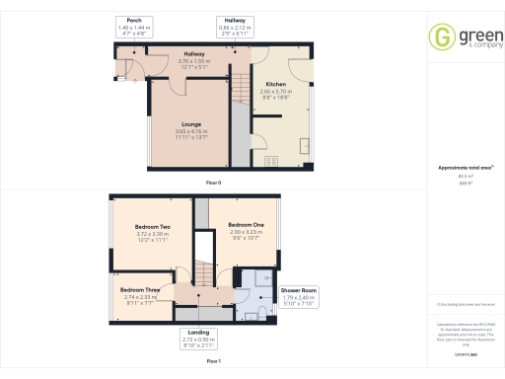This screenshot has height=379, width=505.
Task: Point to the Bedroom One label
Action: (x=246, y=224)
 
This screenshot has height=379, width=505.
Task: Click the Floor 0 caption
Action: (x=212, y=184)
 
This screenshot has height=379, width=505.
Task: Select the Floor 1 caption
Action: (x=212, y=362)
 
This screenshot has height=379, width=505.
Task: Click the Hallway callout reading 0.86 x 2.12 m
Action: (x=235, y=27)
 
